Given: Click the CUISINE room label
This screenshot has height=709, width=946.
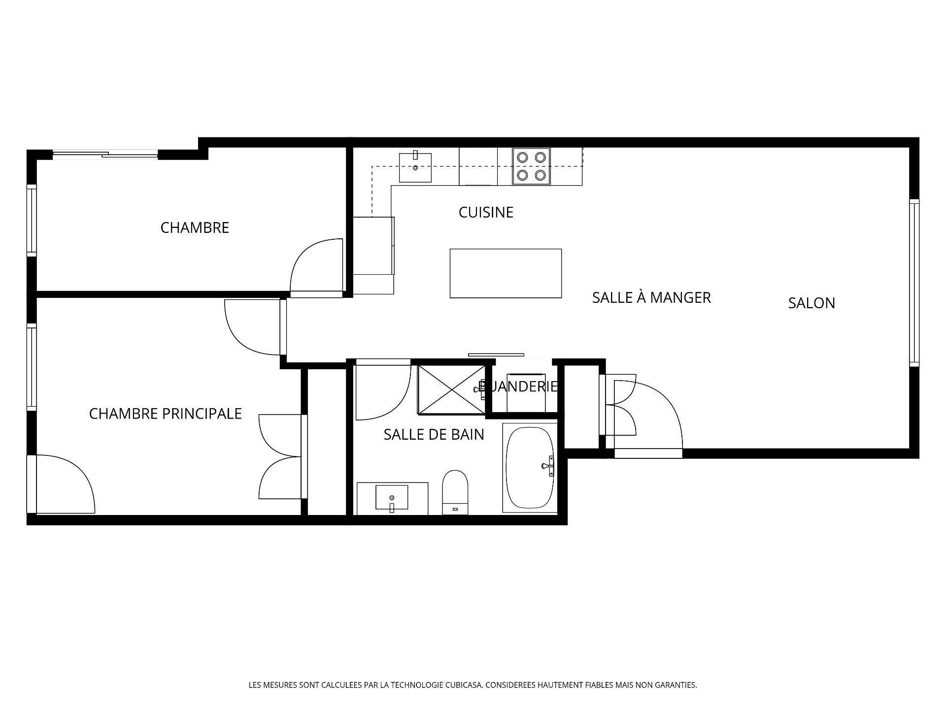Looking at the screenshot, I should (x=486, y=212).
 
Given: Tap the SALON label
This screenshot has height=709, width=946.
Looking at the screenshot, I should (x=811, y=303).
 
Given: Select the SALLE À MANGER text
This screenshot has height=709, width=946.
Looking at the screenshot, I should (x=651, y=297).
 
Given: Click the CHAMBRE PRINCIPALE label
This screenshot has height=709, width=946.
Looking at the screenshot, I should (x=165, y=414).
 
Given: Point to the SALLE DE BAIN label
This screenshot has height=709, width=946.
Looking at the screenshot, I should (x=434, y=434).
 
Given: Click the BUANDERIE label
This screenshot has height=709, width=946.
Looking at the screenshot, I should (x=518, y=387).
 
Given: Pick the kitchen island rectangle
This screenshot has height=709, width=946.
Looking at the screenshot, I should (x=506, y=273).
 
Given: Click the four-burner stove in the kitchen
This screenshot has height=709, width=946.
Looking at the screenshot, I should (x=531, y=166).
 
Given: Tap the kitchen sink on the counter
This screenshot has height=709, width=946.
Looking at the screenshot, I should (x=415, y=167).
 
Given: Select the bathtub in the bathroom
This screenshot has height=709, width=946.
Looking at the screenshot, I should (x=530, y=468).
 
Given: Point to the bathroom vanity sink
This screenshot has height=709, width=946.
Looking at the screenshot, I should (x=392, y=498).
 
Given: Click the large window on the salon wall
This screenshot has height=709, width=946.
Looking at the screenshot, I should (x=914, y=283).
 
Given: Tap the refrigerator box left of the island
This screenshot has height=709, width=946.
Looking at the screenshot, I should (x=373, y=245).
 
